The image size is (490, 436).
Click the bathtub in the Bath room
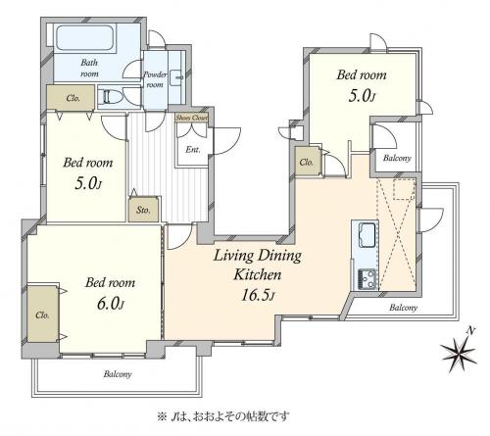pyautogui.click(x=85, y=38)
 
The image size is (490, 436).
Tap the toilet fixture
pyautogui.click(x=112, y=97)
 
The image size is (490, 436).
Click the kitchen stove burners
pyautogui.click(x=367, y=279)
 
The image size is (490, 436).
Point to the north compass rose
pyautogui.click(x=459, y=351)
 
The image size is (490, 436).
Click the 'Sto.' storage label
pyautogui.click(x=143, y=210)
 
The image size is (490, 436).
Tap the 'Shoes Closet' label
pyautogui.click(x=192, y=118)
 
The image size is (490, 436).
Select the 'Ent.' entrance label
pyautogui.click(x=193, y=150)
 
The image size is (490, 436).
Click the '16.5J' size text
pyautogui.click(x=258, y=295)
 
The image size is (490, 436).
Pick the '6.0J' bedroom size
pyautogui.click(x=111, y=304)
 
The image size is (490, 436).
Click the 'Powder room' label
pyautogui.click(x=155, y=79)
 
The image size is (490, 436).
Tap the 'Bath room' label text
pyautogui.click(x=89, y=68)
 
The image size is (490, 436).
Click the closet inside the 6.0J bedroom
pyautogui.click(x=42, y=315)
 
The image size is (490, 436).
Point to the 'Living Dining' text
pyautogui.click(x=258, y=256)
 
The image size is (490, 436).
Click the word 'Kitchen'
pyautogui.click(x=258, y=274)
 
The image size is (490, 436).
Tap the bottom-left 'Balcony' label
pyautogui.click(x=118, y=374)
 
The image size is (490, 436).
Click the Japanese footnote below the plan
pyautogui.click(x=223, y=416)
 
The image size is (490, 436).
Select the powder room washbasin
pyautogui.click(x=178, y=75)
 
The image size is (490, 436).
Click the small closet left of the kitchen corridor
pyautogui.click(x=307, y=162)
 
